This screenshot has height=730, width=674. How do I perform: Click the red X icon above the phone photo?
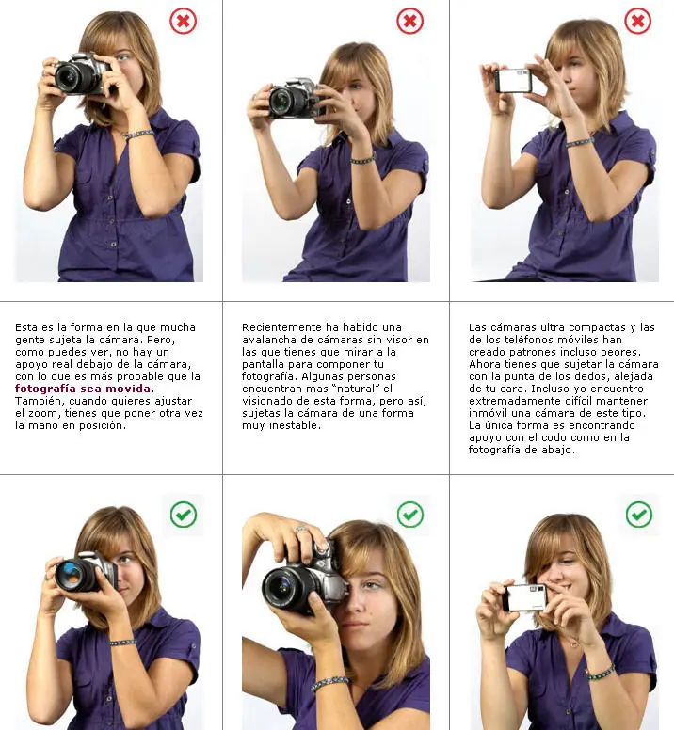[x=637, y=21]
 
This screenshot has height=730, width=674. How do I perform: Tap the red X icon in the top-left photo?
[x=183, y=21]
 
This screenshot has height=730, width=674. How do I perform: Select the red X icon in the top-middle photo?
[x=409, y=21]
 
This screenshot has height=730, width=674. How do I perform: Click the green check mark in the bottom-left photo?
[x=183, y=515]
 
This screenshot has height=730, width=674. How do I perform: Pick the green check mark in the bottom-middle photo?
[x=410, y=515]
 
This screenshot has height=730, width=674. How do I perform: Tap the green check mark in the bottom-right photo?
[x=638, y=515]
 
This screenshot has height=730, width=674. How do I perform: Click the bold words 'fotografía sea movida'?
[x=83, y=389]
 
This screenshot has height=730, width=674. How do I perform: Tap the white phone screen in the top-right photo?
[x=512, y=81]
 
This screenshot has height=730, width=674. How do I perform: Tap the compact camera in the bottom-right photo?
[x=524, y=597]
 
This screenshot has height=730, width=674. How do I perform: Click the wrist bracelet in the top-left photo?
[x=138, y=135]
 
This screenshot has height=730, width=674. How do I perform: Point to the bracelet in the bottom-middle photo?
[x=329, y=684]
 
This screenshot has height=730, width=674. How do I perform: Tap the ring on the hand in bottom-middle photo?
[x=301, y=530]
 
